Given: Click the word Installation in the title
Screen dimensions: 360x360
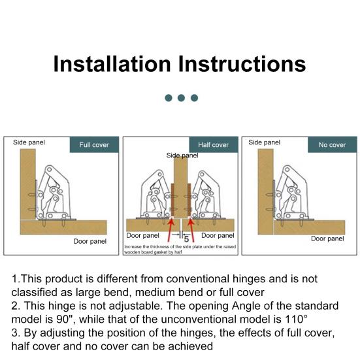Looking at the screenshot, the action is pos(112,64).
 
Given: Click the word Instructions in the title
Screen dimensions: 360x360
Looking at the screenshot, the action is pos(242,64).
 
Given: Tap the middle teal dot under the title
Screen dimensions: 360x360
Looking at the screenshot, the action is pos(181,98).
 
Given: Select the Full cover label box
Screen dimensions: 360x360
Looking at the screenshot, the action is pos(94,144).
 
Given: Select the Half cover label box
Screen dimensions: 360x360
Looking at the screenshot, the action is pos(214,144).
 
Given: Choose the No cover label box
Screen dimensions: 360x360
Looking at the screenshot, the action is pos(332,144).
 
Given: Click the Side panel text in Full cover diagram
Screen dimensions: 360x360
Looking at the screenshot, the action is pos(29,142).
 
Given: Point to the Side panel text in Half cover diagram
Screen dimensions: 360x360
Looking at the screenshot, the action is pos(182,155).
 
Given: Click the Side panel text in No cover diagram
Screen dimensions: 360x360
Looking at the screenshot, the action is pos(264,142).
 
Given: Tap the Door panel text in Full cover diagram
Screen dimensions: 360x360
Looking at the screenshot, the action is pos(90,241).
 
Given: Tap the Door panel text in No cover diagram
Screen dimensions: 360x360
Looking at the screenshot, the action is pos(327,238).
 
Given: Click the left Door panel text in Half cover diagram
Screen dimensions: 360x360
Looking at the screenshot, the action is pos(142,235).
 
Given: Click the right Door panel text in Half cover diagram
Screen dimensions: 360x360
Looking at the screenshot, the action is pos(218,235).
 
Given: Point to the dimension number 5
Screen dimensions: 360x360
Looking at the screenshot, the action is pos(186,239).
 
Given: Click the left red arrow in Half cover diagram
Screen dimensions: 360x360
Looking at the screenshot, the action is pos(171,230).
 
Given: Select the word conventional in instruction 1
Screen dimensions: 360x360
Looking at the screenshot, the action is pos(198,279).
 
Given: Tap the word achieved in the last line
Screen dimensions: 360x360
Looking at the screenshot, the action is pos(191,346).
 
